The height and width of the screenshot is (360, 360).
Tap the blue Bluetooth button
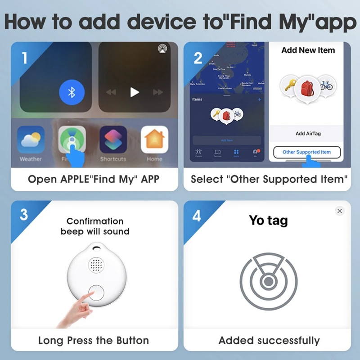pos(71,93)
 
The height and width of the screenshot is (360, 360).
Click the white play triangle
pos(134,92)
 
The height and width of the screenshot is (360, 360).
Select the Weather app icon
pos(31,140)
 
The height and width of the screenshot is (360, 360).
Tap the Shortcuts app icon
pos(113,140)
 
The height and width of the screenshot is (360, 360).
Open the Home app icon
pos(154,140)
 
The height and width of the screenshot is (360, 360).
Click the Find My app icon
pos(72,140)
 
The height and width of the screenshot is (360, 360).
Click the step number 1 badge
pos(24,58)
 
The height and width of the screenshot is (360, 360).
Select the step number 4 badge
pos(197,216)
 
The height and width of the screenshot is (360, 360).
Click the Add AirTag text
pos(308,134)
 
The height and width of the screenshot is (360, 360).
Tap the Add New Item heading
pos(308,50)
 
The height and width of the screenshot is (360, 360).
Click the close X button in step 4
pos(340,211)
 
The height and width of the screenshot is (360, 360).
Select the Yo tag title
pos(268,220)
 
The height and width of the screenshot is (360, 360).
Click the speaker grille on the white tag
pos(96,265)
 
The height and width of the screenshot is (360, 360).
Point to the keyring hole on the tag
pos(96,247)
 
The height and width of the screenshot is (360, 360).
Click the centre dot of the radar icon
pos(268,282)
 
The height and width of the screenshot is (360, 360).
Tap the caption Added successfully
pos(269,341)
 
